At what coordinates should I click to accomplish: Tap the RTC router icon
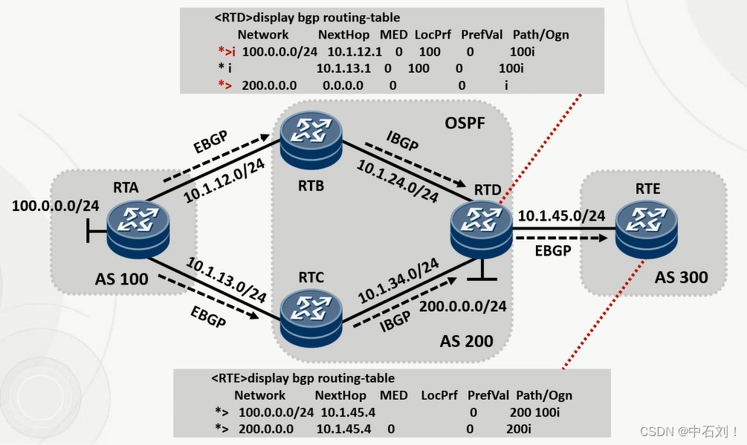click(x=311, y=317)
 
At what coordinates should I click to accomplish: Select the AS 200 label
click(x=466, y=341)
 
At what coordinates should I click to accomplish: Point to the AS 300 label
click(x=681, y=278)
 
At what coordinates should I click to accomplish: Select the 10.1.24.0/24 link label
click(x=397, y=180)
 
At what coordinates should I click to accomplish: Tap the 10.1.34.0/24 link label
click(x=398, y=279)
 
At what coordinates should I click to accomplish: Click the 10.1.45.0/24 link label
click(x=560, y=215)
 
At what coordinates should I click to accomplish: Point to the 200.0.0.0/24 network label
click(x=463, y=305)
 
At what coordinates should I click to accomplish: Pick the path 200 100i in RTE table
click(x=535, y=412)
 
